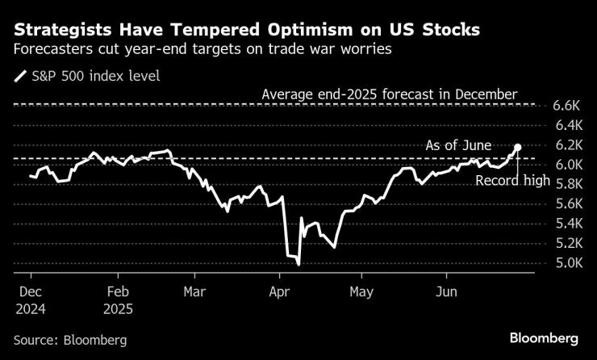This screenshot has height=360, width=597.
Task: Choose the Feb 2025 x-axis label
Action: click(x=119, y=299)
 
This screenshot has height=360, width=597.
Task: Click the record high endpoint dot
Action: click(x=517, y=148)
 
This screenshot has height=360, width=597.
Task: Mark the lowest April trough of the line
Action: click(x=298, y=263)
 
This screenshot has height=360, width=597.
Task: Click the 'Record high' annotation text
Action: click(x=511, y=182)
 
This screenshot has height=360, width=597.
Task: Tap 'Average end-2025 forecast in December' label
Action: click(x=389, y=94)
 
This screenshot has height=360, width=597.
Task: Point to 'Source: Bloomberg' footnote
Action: click(x=70, y=341)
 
